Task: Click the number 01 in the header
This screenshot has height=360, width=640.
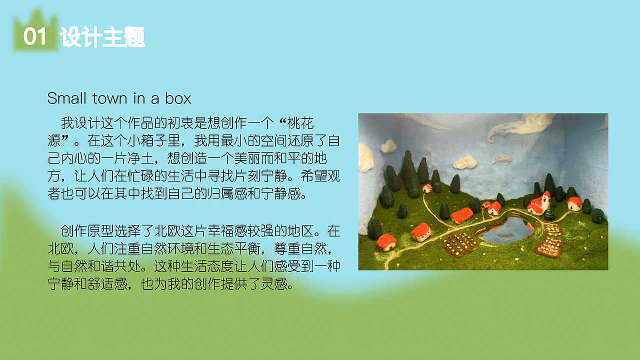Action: [x=34, y=37]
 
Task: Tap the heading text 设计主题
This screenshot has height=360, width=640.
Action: [x=102, y=37]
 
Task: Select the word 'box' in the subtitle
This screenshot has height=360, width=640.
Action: [x=178, y=98]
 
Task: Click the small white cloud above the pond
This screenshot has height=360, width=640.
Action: [x=465, y=162]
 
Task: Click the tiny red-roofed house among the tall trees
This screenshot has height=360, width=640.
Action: [x=427, y=188]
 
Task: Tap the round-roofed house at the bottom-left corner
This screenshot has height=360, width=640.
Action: [x=386, y=242]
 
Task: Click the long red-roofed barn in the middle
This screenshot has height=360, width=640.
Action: [x=461, y=215]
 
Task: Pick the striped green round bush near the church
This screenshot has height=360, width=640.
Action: [x=549, y=214]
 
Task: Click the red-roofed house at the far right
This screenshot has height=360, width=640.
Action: [x=575, y=203]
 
